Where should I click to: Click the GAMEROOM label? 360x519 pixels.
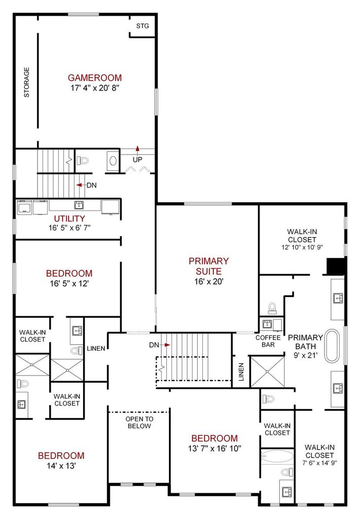click(95, 78)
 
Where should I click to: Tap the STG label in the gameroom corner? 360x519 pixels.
click(143, 26)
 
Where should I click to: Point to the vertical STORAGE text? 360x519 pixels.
click(26, 83)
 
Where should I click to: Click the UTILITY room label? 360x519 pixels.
click(69, 218)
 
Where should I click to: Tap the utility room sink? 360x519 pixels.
click(79, 205)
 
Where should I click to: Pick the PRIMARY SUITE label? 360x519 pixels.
click(208, 266)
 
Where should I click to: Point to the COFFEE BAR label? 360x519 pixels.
click(268, 341)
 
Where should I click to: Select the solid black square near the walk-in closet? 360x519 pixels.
click(337, 267)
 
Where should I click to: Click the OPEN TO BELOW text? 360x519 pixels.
click(139, 422)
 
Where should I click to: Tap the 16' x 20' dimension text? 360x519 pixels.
click(208, 282)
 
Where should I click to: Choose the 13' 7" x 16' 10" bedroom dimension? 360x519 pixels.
click(214, 449)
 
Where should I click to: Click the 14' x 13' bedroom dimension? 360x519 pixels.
click(61, 466)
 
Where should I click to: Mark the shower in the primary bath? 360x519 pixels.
click(267, 372)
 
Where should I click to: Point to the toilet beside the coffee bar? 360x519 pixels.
click(272, 308)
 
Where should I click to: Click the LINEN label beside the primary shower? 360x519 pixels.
click(241, 372)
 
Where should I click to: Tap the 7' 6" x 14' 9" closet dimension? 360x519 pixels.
click(319, 463)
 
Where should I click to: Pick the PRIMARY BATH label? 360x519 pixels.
click(305, 342)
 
